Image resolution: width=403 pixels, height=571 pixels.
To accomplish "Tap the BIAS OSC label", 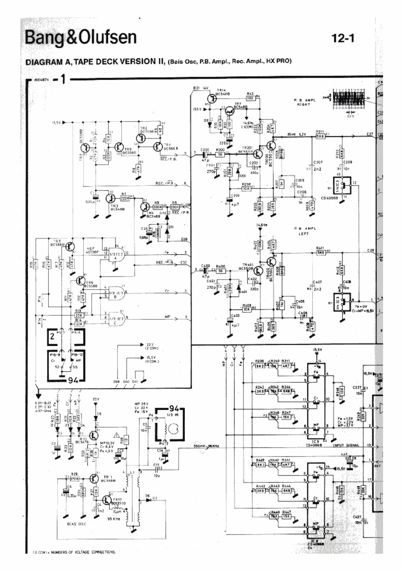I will (x=77, y=524).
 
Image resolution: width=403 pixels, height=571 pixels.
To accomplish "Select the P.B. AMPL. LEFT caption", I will (x=304, y=231).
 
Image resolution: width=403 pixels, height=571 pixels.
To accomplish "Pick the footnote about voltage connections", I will (x=74, y=552).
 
